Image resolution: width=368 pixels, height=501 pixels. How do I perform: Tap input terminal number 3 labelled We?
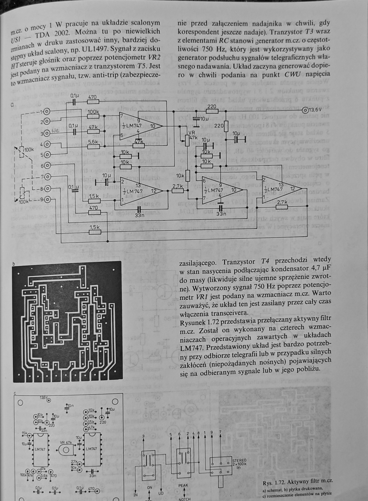(x=46, y=132)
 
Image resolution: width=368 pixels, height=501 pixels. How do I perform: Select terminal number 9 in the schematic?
(x=46, y=199)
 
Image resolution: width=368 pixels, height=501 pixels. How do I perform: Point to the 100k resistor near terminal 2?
(x=93, y=116)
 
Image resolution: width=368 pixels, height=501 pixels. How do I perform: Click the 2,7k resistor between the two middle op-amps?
(x=178, y=190)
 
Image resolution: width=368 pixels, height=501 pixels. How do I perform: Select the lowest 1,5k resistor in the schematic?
(x=94, y=232)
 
